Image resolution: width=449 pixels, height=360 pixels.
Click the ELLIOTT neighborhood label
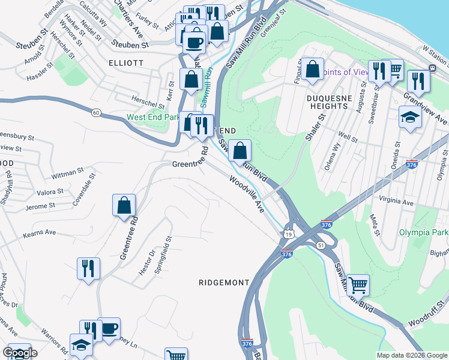(126, 62)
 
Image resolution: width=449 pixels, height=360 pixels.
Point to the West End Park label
(154, 117)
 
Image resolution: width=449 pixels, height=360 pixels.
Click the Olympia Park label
(424, 232)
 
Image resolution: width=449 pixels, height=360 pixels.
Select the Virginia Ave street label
(396, 202)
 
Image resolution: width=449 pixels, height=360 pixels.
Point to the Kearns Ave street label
(40, 232)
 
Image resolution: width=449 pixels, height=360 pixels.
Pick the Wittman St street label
(68, 173)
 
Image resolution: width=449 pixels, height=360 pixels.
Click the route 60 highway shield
(95, 112)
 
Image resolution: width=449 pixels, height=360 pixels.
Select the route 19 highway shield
(289, 233)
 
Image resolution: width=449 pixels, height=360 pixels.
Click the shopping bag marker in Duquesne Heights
(312, 69)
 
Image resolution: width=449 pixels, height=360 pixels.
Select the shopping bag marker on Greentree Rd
(123, 205)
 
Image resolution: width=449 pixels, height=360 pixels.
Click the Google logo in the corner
(20, 353)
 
